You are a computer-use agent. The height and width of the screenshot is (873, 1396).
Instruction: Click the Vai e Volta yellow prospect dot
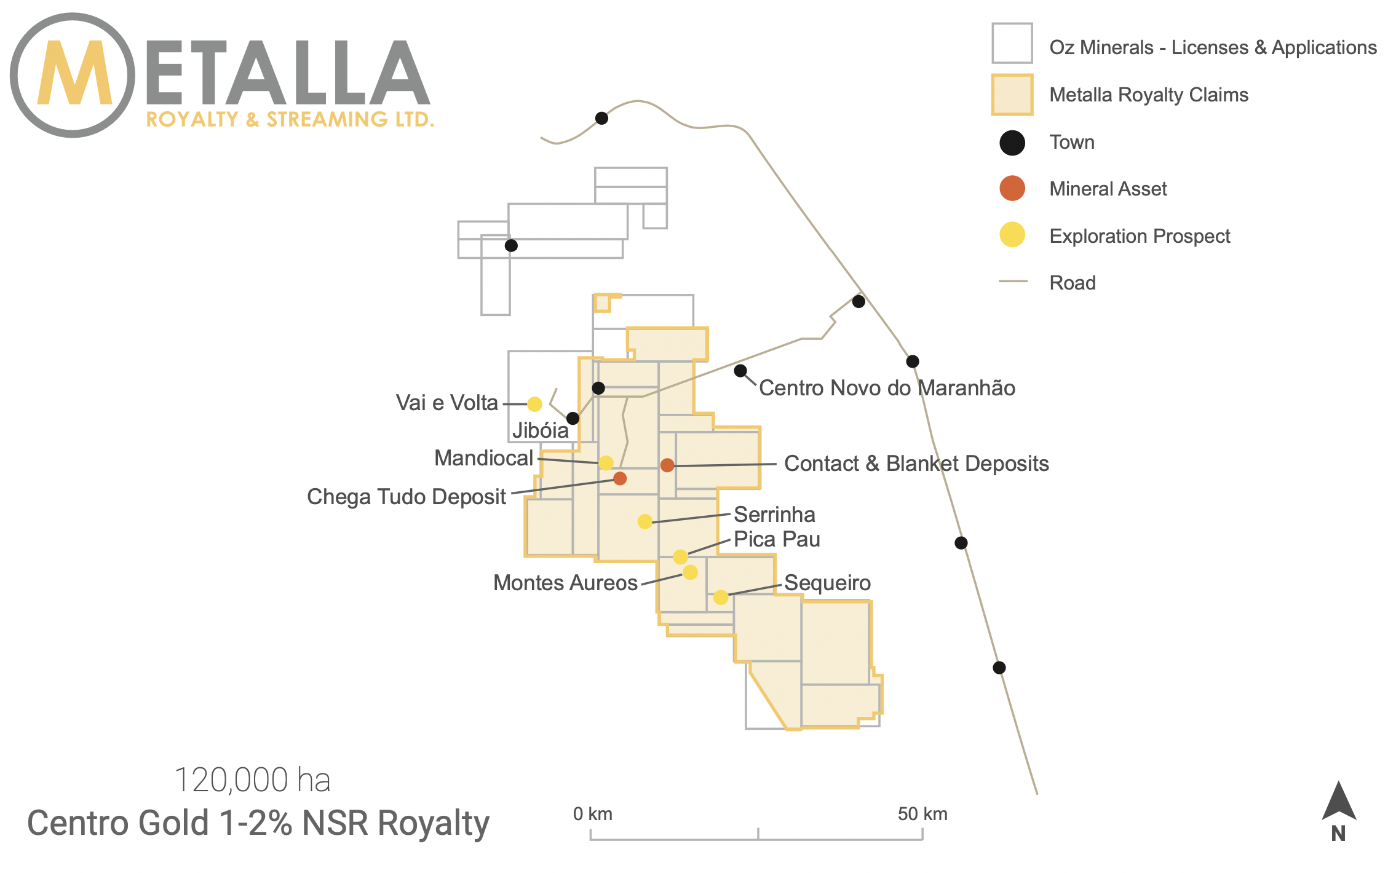(x=534, y=404)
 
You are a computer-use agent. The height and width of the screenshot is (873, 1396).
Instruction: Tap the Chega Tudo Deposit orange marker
(x=620, y=478)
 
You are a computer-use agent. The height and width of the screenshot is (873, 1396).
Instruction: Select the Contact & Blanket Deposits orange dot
(x=667, y=465)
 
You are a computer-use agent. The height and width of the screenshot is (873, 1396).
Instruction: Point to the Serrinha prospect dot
(x=644, y=521)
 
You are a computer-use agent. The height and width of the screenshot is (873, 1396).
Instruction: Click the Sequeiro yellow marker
(x=721, y=597)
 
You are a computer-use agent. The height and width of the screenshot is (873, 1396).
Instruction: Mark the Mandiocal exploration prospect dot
(x=606, y=463)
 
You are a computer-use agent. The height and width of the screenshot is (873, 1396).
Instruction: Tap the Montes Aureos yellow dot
(x=690, y=572)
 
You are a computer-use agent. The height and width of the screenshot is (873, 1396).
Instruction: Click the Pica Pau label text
(x=777, y=539)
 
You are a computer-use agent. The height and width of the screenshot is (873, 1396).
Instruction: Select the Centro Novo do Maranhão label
(x=887, y=388)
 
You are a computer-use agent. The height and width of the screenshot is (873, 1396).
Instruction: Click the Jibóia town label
(x=540, y=430)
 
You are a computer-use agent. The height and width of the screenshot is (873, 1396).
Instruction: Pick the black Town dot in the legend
(x=1012, y=143)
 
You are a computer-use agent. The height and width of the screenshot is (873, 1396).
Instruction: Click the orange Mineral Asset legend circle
(x=1012, y=188)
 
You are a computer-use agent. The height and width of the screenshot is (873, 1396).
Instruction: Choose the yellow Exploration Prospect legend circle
(x=1012, y=235)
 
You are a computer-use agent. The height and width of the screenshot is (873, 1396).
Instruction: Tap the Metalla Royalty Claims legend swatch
(x=1012, y=95)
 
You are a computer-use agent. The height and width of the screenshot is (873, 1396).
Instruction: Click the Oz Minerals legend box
(x=1012, y=43)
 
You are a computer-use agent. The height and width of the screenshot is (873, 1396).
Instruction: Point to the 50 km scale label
(x=922, y=814)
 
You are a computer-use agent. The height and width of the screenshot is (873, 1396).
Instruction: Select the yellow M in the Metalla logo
(x=74, y=73)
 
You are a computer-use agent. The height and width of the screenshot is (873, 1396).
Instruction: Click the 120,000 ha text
(x=253, y=780)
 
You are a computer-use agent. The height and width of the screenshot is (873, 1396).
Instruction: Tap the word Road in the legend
(x=1073, y=283)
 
